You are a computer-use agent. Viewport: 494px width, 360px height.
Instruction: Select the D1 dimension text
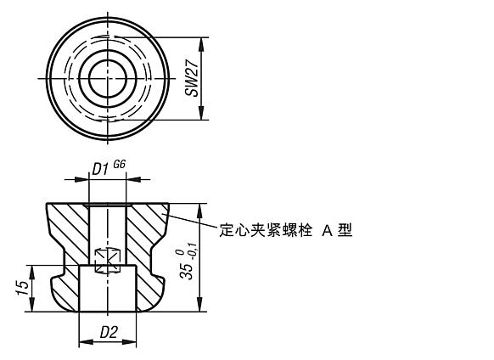[100, 170]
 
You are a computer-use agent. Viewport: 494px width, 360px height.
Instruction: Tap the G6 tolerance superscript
[120, 166]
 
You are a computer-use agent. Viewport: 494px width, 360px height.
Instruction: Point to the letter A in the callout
[327, 229]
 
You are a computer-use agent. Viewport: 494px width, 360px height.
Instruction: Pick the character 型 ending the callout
[345, 229]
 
